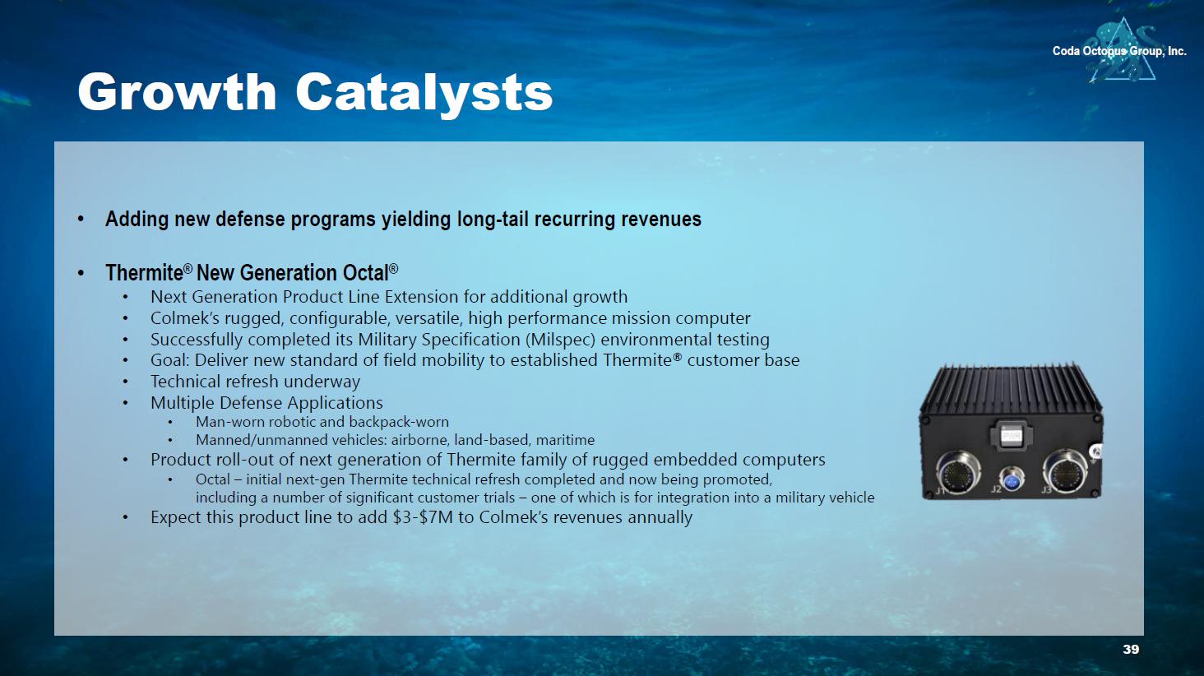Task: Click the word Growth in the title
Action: tap(177, 92)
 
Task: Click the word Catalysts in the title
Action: tap(424, 94)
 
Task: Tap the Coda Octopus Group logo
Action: tap(1119, 50)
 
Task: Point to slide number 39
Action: tap(1131, 649)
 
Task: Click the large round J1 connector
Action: tap(957, 472)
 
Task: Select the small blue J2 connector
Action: tap(1011, 479)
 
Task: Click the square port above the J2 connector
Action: tap(1012, 434)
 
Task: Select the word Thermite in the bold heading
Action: tap(144, 273)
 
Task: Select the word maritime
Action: tap(566, 440)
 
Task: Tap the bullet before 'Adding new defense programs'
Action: tap(81, 220)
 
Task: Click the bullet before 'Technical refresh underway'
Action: tap(125, 382)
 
